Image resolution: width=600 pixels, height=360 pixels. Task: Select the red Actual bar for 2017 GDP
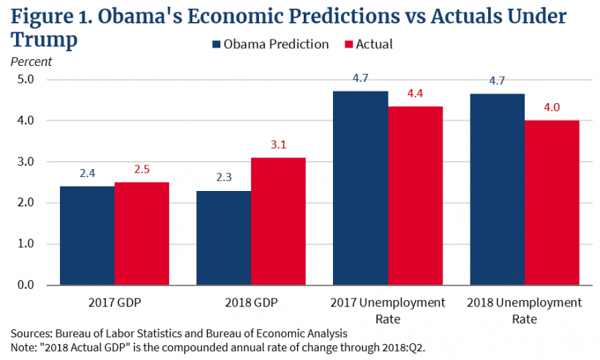click(x=142, y=233)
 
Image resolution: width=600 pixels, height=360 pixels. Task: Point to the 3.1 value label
click(x=279, y=145)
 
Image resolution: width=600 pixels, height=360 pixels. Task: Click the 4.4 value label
click(x=415, y=94)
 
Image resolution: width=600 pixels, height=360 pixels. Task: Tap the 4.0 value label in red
click(x=552, y=108)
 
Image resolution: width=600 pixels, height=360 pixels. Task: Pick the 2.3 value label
click(x=224, y=178)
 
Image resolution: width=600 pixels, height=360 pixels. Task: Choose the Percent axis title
click(x=31, y=61)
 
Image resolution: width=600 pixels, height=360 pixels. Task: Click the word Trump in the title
click(x=44, y=40)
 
